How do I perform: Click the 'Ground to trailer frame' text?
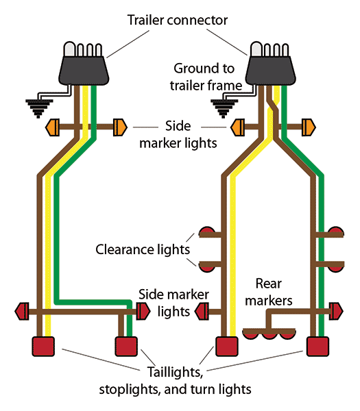[207, 77]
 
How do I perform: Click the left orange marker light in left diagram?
[53, 127]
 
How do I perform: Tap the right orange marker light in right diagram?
[308, 127]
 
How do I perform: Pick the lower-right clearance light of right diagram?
[335, 265]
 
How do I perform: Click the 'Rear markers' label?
[274, 291]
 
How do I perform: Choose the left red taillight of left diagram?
[44, 346]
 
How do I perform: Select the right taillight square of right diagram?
[316, 346]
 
